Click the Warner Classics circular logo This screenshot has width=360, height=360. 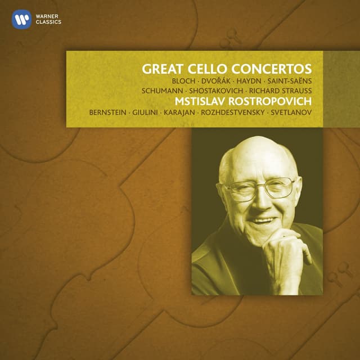tap(21, 21)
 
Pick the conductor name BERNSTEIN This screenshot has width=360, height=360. tap(108, 113)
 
